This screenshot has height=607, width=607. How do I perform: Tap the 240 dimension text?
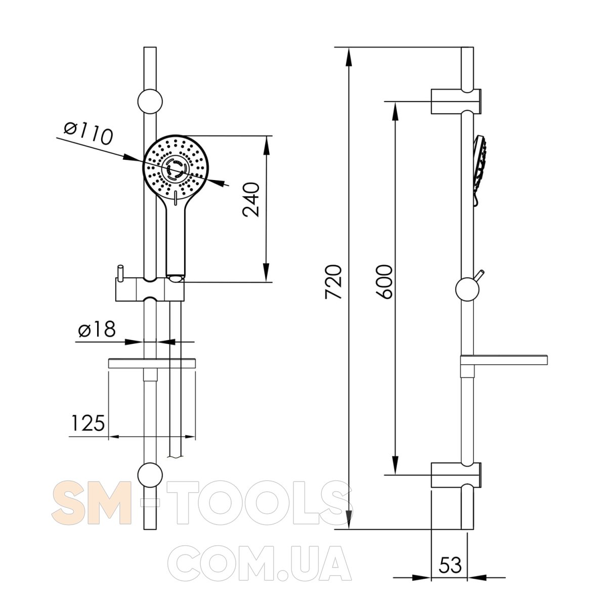[251, 200]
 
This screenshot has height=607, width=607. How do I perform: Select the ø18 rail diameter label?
[97, 329]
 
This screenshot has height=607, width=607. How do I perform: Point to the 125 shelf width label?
[88, 423]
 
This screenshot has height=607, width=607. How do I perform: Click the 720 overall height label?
[333, 282]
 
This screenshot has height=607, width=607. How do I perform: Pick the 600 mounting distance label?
[384, 282]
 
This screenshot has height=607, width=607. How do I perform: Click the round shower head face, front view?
[176, 166]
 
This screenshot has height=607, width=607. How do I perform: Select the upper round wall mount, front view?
[150, 102]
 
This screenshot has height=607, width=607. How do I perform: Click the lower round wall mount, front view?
[150, 475]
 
